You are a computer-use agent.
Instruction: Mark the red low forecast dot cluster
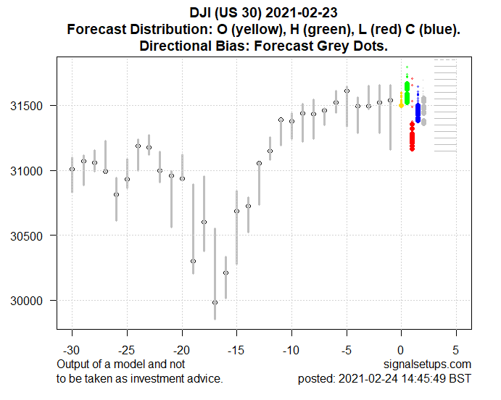(412, 136)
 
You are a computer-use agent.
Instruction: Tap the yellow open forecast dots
(401, 101)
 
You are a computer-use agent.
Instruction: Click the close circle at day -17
(215, 302)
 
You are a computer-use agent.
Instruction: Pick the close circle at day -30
(72, 170)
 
